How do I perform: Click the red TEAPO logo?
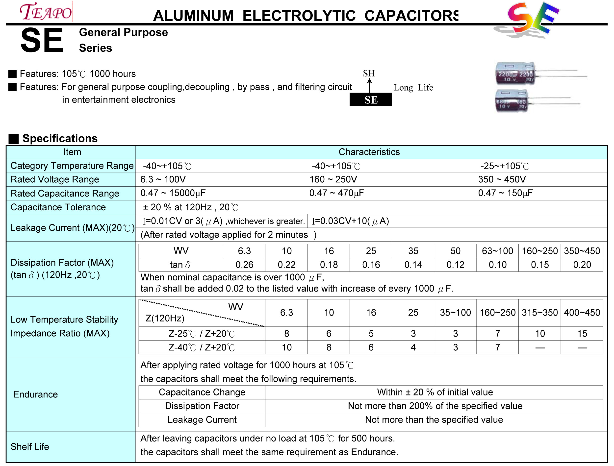(x=46, y=12)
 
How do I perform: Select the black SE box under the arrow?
(x=371, y=99)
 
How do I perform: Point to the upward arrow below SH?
(x=369, y=85)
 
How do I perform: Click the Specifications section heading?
(x=60, y=138)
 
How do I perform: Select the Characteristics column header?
(x=369, y=152)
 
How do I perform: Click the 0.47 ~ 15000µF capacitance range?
(x=173, y=193)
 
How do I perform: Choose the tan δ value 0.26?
(x=244, y=265)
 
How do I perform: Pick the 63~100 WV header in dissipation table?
(x=497, y=251)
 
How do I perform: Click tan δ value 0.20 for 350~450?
(x=582, y=265)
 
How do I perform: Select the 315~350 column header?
(x=540, y=313)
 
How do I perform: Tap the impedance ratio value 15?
(x=582, y=333)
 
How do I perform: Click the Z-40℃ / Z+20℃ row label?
(x=202, y=347)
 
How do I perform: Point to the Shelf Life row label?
(x=30, y=447)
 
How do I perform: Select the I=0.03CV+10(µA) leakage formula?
(x=350, y=221)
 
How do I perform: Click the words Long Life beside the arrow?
(x=413, y=88)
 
